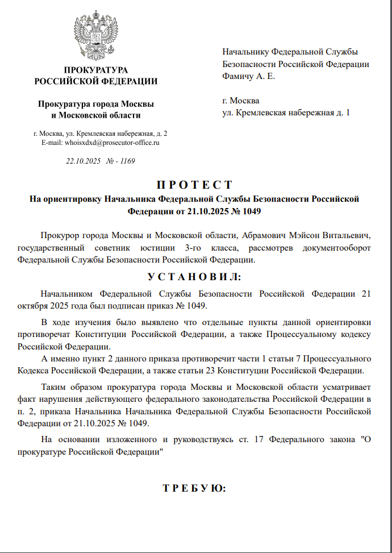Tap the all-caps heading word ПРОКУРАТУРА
(96, 70)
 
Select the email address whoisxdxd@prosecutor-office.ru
(112, 143)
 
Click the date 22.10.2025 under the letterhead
(83, 161)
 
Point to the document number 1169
(127, 161)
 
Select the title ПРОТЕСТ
(194, 185)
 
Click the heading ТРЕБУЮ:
(194, 488)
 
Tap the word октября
(32, 306)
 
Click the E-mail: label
(52, 143)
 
